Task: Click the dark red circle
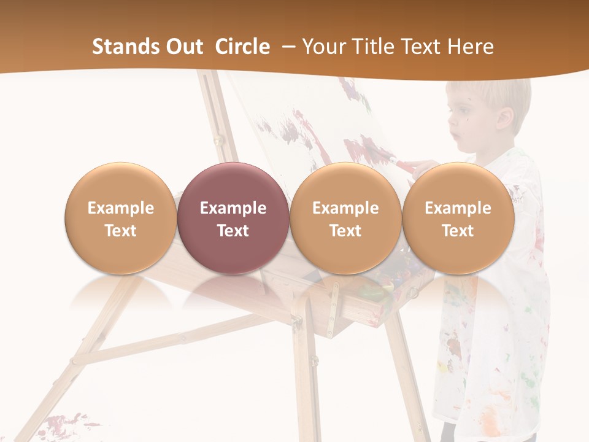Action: coord(233,218)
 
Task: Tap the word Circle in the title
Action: coord(242,47)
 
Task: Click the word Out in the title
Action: coord(183,47)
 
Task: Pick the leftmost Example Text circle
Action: coord(120,218)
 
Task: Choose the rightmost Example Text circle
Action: coord(458,218)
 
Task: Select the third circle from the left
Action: coord(345,218)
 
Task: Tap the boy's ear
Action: coord(504,118)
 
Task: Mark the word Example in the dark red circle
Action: coord(233,208)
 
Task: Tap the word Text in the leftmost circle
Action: coord(120,231)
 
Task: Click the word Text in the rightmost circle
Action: coord(458,231)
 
